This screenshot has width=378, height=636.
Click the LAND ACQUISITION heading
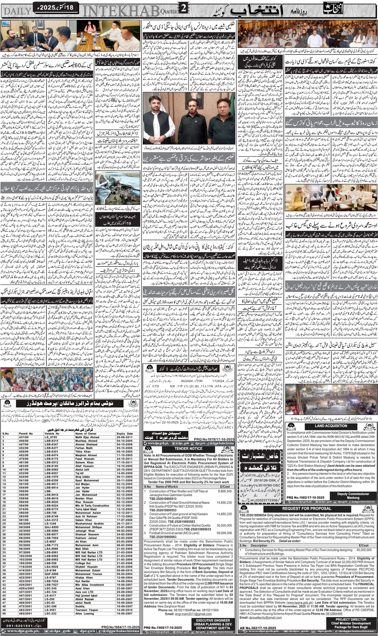click(331, 426)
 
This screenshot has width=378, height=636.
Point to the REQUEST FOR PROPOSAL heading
click(306, 508)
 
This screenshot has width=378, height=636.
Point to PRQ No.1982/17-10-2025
click(305, 497)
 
